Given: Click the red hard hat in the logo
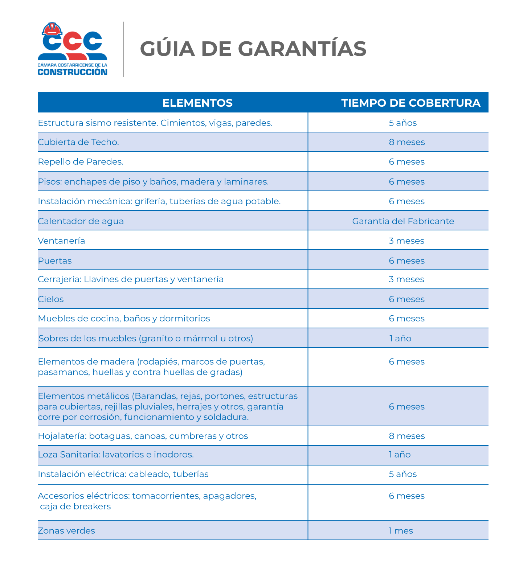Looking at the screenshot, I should tap(52, 29).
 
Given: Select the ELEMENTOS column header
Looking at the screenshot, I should tap(197, 103).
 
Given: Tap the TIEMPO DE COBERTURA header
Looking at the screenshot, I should tap(411, 103).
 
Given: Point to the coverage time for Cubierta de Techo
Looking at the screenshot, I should tap(406, 142).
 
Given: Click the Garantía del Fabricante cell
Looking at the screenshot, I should tap(403, 221).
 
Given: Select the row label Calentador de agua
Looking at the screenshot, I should tap(81, 221).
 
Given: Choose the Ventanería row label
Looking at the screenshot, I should tap(61, 241).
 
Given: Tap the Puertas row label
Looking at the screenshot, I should tap(55, 261).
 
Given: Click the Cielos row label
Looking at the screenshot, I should tap(51, 299).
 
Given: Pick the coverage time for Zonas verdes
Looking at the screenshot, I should tap(401, 531).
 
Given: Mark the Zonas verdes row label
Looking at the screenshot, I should tap(66, 531).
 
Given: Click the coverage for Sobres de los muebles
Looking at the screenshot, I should tap(400, 339).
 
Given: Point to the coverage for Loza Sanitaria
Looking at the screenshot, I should tap(400, 455).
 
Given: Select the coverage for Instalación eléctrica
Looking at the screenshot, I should tap(402, 474).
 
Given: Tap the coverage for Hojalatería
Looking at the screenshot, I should tap(406, 436).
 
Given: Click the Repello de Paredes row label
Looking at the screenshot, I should tap(81, 162).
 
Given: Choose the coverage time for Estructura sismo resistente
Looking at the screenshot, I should tap(402, 123).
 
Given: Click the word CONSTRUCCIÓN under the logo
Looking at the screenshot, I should tap(73, 72).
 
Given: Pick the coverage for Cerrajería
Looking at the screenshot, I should tap(406, 279).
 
